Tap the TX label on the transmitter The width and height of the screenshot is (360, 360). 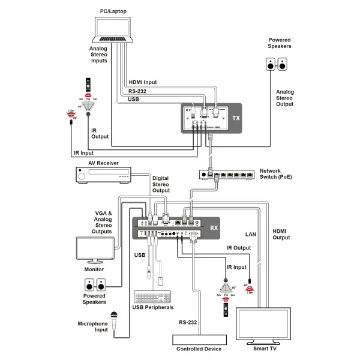coord(235,118)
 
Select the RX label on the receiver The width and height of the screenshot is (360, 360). coord(214,227)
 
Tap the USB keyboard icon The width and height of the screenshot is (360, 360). coord(152,296)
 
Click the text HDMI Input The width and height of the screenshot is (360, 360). coord(143,83)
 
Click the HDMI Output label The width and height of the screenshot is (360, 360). coord(280,234)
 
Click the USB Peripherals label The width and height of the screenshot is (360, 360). coord(153,307)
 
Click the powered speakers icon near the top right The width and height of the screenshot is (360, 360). coord(277,65)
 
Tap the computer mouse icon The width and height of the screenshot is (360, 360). coord(161,280)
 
